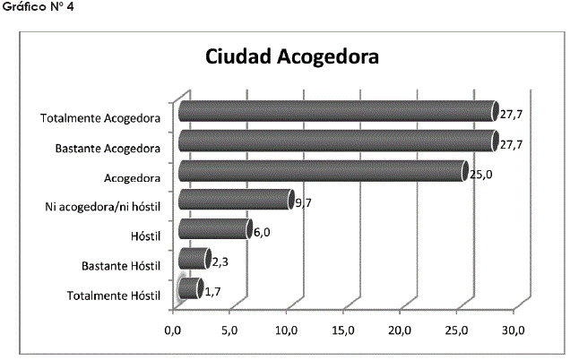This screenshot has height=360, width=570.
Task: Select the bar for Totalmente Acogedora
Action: [336, 111]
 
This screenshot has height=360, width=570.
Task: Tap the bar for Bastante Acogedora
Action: [336, 141]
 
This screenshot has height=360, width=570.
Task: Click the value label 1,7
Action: [214, 292]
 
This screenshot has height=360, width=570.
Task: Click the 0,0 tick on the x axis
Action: [175, 331]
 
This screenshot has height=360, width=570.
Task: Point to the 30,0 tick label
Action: [514, 331]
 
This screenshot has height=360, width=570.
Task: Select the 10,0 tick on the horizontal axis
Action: [288, 331]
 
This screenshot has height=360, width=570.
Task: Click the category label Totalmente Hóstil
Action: [114, 295]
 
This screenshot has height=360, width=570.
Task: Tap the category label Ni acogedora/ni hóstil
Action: [102, 207]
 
